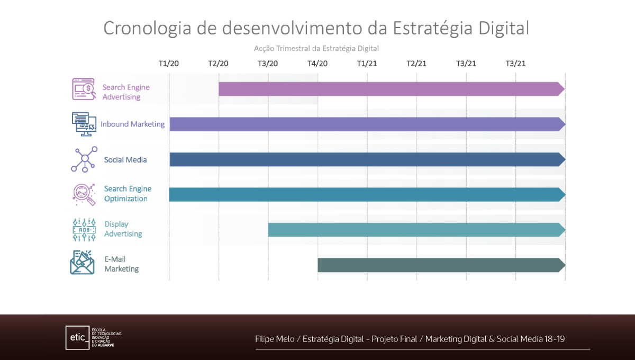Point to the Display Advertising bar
[415, 230]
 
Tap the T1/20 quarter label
[169, 64]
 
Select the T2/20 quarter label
[218, 64]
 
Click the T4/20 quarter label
[317, 64]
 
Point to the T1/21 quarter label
[367, 64]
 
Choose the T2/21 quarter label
[416, 64]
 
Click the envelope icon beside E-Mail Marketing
[82, 263]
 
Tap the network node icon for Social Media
[84, 159]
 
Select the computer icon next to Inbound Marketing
[84, 124]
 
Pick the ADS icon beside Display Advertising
[84, 229]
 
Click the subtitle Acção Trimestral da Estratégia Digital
[316, 48]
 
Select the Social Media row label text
[125, 160]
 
